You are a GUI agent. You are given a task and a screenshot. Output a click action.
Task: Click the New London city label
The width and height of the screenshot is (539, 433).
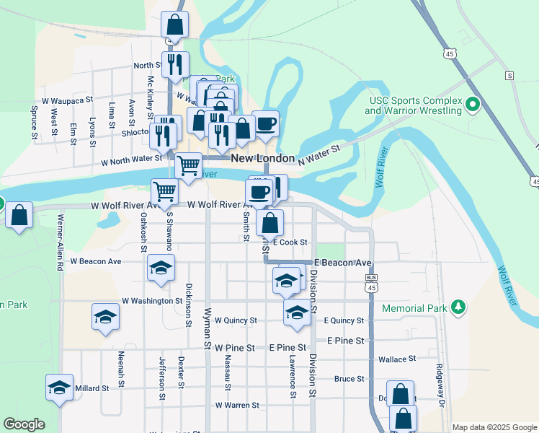point(262,158)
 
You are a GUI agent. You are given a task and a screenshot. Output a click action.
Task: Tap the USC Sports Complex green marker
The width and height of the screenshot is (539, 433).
point(473,105)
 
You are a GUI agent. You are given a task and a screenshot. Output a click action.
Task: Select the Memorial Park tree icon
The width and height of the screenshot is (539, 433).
point(457,308)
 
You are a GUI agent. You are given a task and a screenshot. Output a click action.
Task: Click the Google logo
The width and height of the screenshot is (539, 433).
point(24,424)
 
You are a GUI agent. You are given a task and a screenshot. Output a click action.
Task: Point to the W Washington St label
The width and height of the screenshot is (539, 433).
point(152,300)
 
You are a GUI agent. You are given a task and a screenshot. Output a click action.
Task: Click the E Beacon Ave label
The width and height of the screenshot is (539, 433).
point(343,263)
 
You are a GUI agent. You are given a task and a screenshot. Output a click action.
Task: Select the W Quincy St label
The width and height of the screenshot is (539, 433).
point(235,320)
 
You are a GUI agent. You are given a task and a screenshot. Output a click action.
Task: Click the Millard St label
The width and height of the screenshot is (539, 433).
point(92,388)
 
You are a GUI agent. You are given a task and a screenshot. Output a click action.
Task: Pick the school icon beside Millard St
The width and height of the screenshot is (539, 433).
point(59,388)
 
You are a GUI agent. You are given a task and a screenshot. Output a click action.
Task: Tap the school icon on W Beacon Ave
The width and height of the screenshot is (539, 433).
point(161,268)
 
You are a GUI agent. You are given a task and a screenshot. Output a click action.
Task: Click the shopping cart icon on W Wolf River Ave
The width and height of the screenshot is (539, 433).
point(164,192)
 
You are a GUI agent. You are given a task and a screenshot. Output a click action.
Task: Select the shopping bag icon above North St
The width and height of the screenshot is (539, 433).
point(174,24)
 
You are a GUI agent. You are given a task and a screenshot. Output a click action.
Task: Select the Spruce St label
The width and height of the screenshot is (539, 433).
point(34,122)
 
